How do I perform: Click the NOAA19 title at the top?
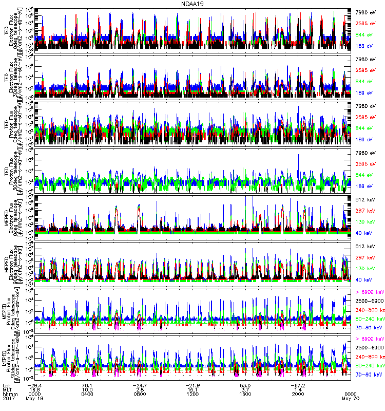[192, 4]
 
